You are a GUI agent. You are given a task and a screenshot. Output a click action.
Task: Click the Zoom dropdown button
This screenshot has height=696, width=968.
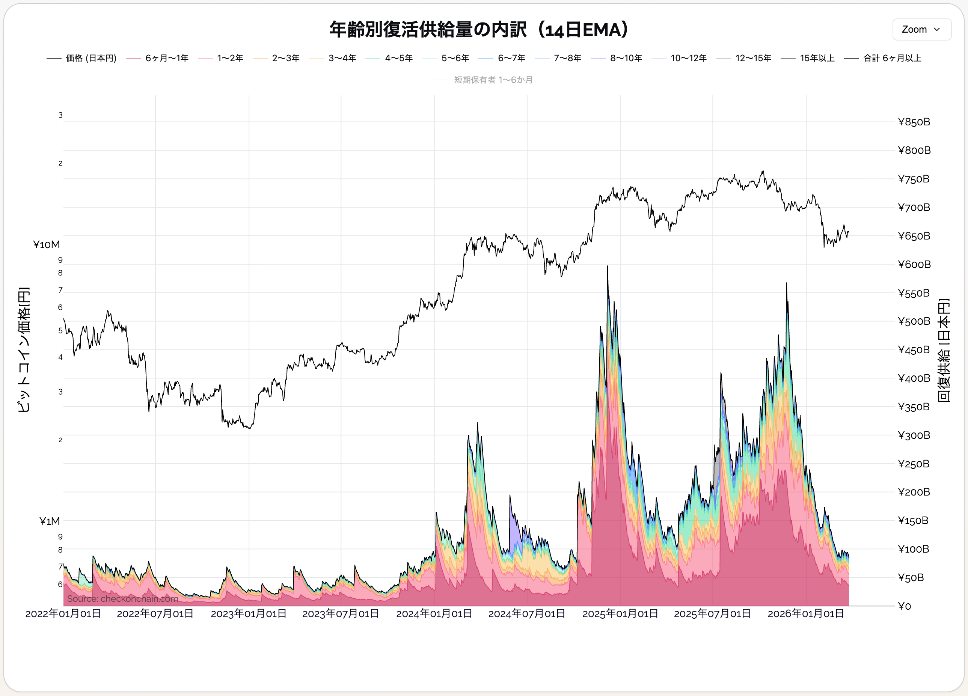pos(921,29)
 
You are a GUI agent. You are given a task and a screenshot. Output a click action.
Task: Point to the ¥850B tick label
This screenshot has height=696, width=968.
pos(914,122)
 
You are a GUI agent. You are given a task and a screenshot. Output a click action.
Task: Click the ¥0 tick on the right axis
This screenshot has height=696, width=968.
pos(905,606)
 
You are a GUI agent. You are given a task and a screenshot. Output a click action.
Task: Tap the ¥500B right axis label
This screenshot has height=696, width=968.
pos(914,321)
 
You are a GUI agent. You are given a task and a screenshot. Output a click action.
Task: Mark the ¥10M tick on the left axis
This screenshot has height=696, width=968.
pos(47,244)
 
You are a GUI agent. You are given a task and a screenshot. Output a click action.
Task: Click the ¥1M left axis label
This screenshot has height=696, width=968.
pos(50,521)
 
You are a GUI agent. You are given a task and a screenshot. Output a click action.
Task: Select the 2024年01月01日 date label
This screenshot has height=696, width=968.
pos(434,614)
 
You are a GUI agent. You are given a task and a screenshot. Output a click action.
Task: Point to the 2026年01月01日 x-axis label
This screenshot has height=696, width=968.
pos(806,614)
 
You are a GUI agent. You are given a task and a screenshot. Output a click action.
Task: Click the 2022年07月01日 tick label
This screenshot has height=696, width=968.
pos(155,614)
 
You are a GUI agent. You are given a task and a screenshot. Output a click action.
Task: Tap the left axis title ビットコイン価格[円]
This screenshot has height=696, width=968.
pos(24,350)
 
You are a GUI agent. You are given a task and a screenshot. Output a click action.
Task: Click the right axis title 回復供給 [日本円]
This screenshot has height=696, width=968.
pos(944,350)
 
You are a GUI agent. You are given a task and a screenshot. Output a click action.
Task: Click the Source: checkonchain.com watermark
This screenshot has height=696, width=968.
pos(122,599)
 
